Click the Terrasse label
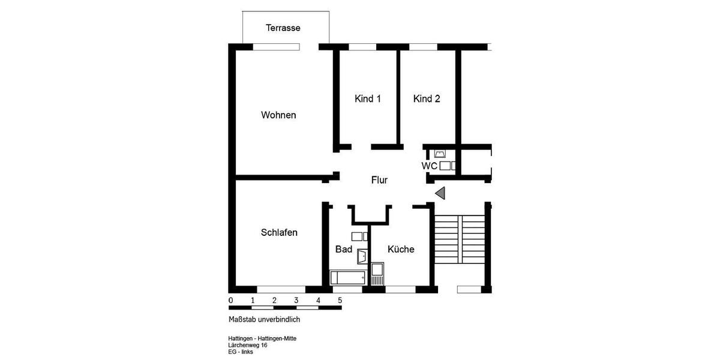pyautogui.click(x=283, y=28)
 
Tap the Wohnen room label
pyautogui.click(x=278, y=115)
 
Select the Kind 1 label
pyautogui.click(x=368, y=99)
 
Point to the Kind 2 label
pyautogui.click(x=427, y=99)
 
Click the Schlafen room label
pyautogui.click(x=279, y=233)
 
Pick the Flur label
pyautogui.click(x=379, y=180)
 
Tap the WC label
pyautogui.click(x=429, y=166)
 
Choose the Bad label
pyautogui.click(x=344, y=249)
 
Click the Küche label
pyautogui.click(x=401, y=249)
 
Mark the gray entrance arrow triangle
pyautogui.click(x=440, y=193)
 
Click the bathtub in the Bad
pyautogui.click(x=348, y=278)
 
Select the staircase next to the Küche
pyautogui.click(x=459, y=239)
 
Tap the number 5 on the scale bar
pyautogui.click(x=340, y=300)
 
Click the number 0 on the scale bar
pyautogui.click(x=231, y=300)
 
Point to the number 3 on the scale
pyautogui.click(x=296, y=300)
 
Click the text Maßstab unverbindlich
pyautogui.click(x=264, y=320)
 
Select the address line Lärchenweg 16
pyautogui.click(x=248, y=345)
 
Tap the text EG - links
pyautogui.click(x=241, y=352)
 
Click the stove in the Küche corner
pyautogui.click(x=377, y=274)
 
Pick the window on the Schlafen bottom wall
pyautogui.click(x=281, y=289)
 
